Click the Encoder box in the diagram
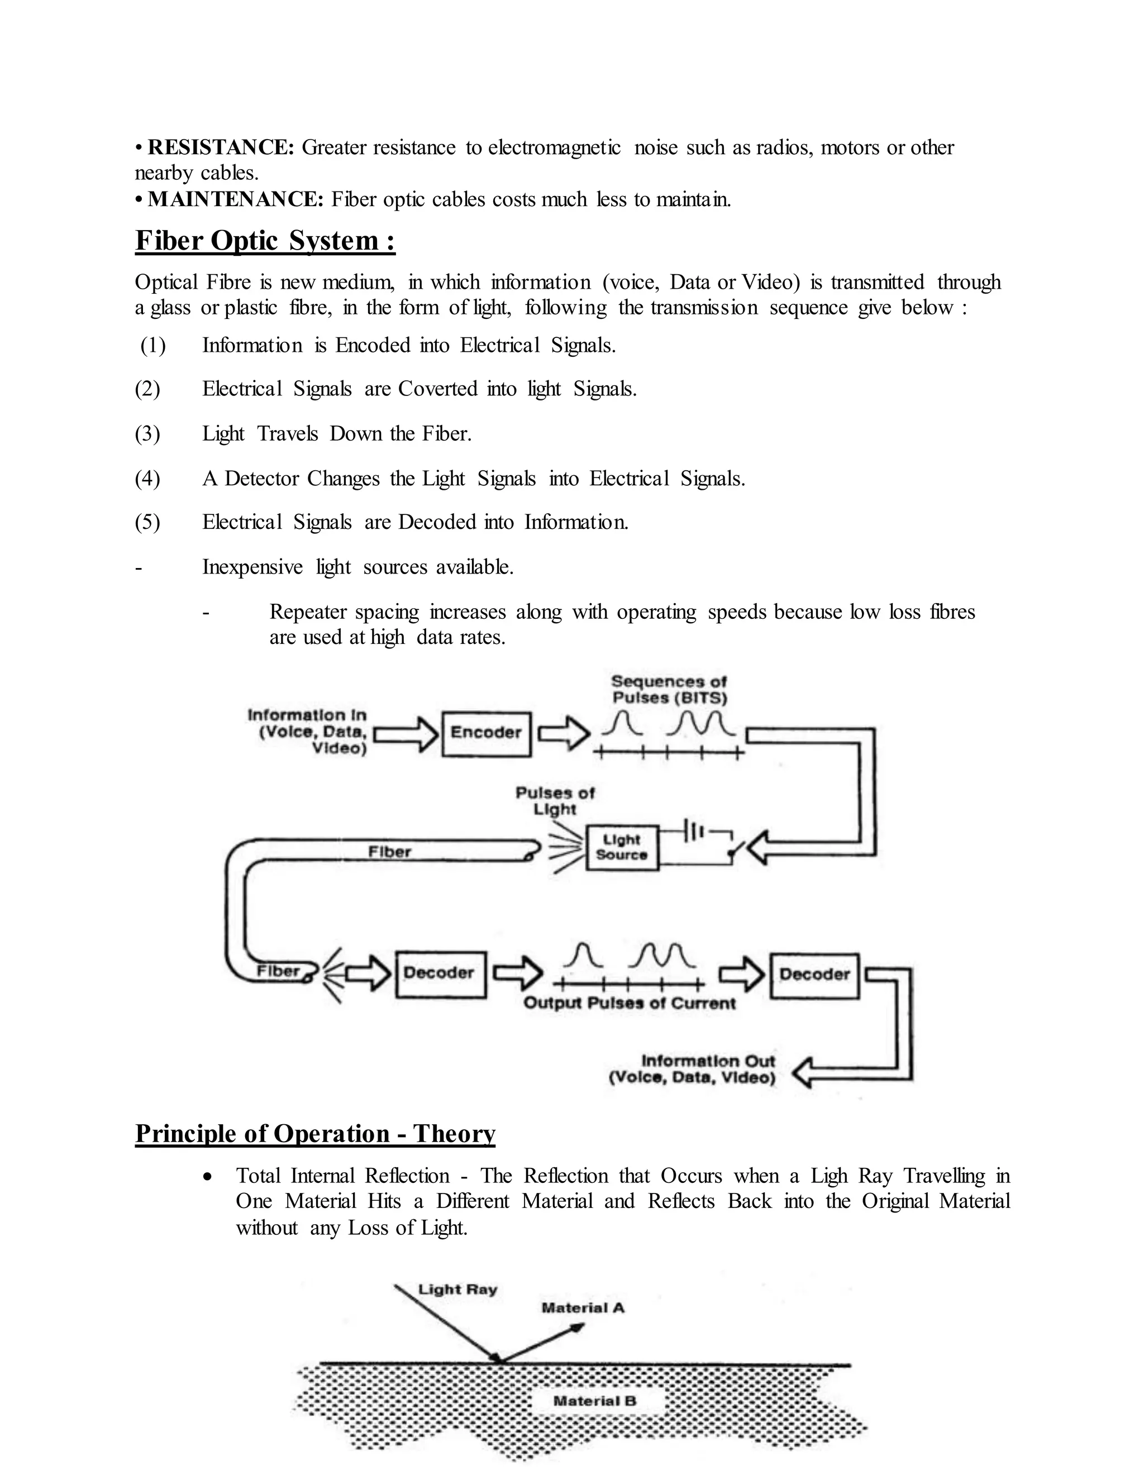click(x=486, y=733)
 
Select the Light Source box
click(x=622, y=847)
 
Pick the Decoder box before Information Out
click(x=814, y=975)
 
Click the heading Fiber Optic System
click(x=265, y=241)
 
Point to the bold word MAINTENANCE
click(x=236, y=199)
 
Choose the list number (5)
click(x=147, y=523)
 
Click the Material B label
click(x=594, y=1401)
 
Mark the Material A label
click(x=582, y=1308)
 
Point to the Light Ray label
click(x=457, y=1289)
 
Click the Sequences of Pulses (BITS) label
click(x=669, y=690)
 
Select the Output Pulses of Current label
click(x=629, y=1004)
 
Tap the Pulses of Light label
click(x=555, y=801)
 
